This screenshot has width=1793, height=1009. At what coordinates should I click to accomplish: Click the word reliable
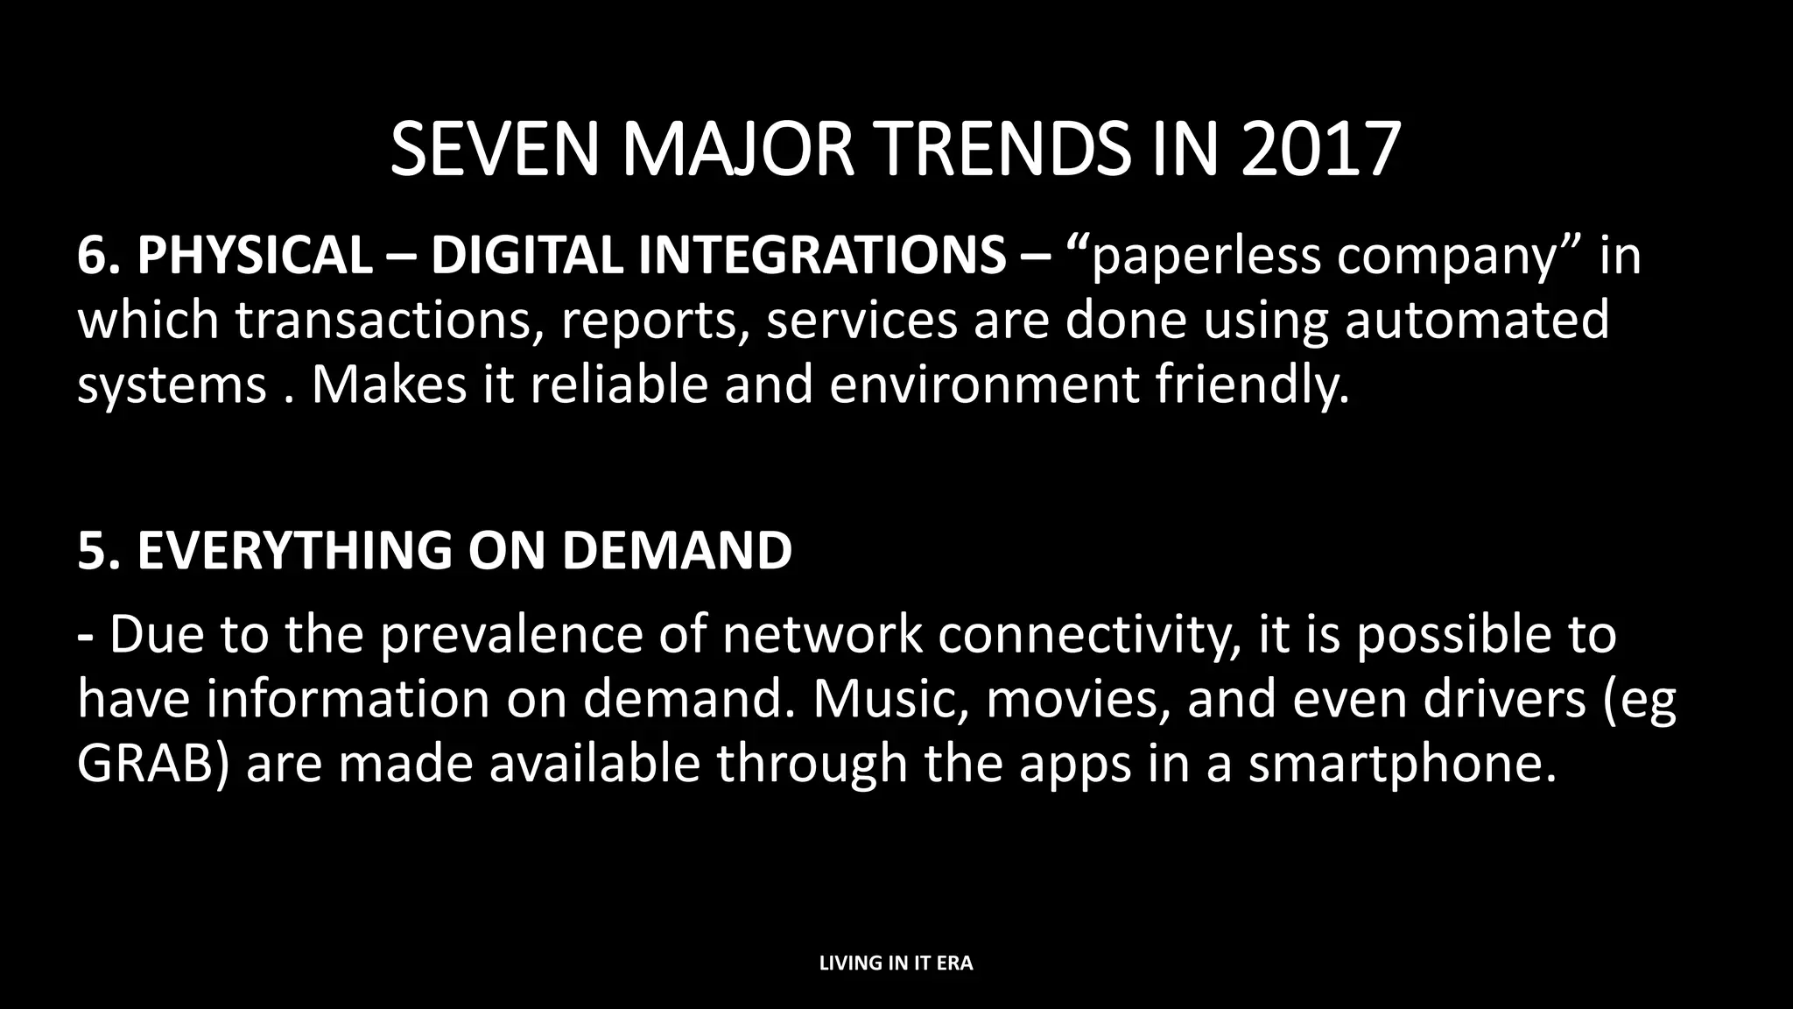[618, 385]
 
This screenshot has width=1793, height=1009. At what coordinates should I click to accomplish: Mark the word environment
[984, 385]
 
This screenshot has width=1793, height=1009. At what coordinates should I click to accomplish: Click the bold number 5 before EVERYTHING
[92, 551]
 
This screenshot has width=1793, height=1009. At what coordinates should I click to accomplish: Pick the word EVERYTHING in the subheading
[294, 551]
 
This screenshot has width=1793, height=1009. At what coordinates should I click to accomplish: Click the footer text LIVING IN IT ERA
[896, 963]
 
